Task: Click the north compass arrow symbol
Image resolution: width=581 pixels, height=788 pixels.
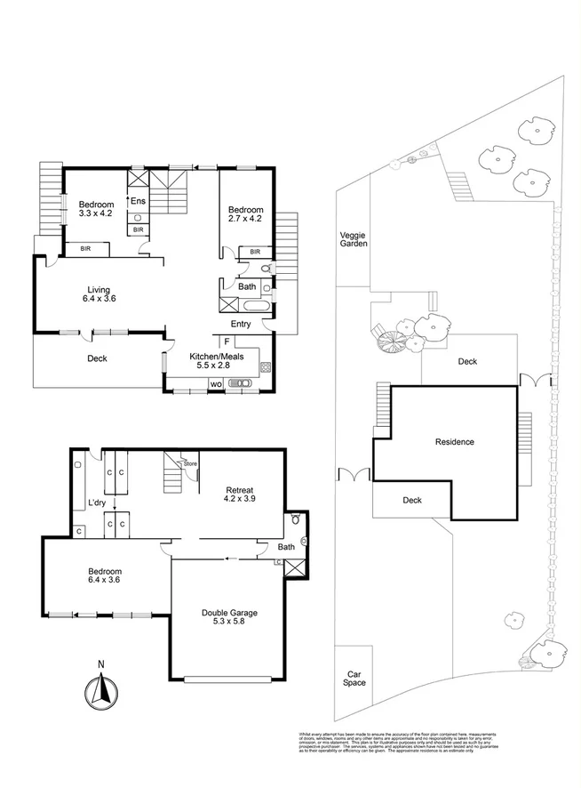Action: point(101,689)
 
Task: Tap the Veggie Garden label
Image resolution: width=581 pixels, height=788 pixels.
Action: point(354,241)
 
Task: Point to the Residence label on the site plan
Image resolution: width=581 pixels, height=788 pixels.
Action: point(454,442)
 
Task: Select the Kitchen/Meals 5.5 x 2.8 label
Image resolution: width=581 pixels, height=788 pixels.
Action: point(222,360)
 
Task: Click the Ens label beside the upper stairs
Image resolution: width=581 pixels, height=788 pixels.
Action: point(138,202)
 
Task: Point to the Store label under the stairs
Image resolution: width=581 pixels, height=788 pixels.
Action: point(189,463)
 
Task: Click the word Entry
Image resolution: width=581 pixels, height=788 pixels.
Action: point(242,324)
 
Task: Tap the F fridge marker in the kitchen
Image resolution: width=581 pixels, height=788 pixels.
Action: point(227,342)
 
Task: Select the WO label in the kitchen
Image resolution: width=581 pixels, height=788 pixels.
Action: point(215,384)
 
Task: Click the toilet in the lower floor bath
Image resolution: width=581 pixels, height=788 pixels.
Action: point(297,519)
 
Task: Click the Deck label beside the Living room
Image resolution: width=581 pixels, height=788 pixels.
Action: point(98,359)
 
